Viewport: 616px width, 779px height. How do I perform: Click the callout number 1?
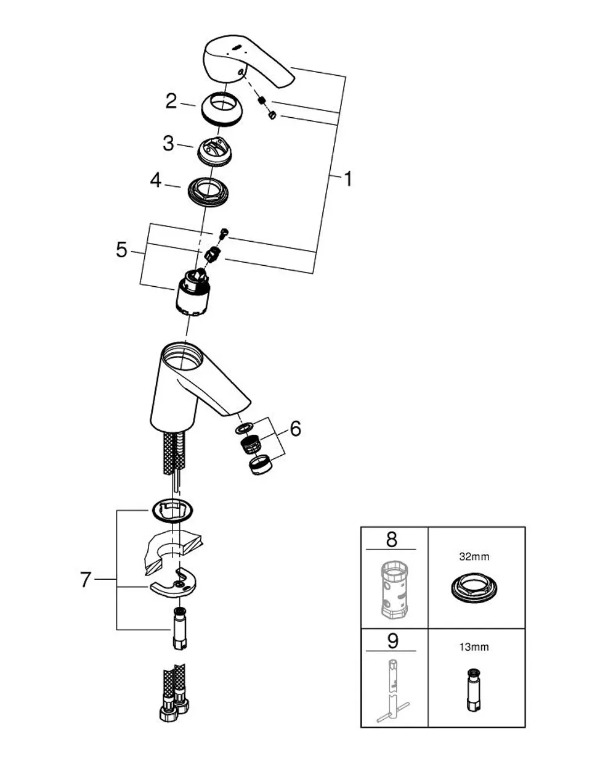[348, 179]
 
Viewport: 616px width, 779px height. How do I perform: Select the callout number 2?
[171, 101]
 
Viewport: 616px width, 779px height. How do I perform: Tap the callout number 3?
[168, 143]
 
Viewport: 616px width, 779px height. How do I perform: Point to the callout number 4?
[156, 180]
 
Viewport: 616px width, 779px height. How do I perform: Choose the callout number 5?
[122, 250]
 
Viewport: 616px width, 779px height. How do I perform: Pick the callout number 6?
[295, 429]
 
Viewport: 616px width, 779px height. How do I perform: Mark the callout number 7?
[85, 580]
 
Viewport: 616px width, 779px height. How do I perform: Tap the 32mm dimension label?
[474, 556]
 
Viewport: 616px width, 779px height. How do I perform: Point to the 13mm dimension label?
[474, 647]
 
